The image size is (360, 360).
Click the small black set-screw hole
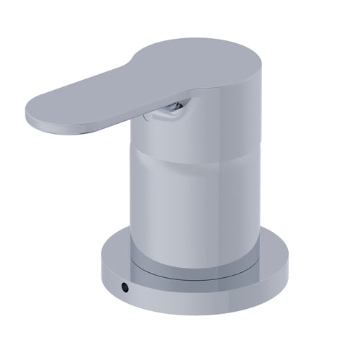[x=126, y=287]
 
